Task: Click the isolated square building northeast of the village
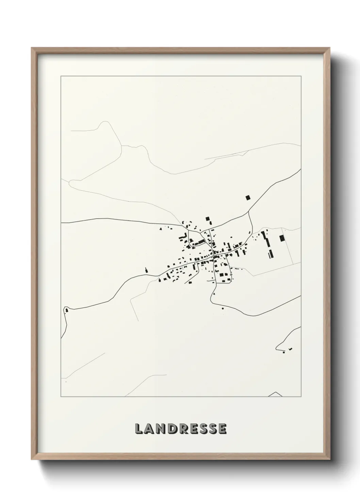(x=248, y=198)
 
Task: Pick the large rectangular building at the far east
(x=281, y=238)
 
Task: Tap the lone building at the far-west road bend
(x=66, y=310)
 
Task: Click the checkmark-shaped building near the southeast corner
(x=290, y=349)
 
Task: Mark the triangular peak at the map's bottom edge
(x=276, y=394)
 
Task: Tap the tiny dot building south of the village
(x=223, y=309)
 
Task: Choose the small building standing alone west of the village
(x=147, y=270)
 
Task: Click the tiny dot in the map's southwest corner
(x=66, y=382)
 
